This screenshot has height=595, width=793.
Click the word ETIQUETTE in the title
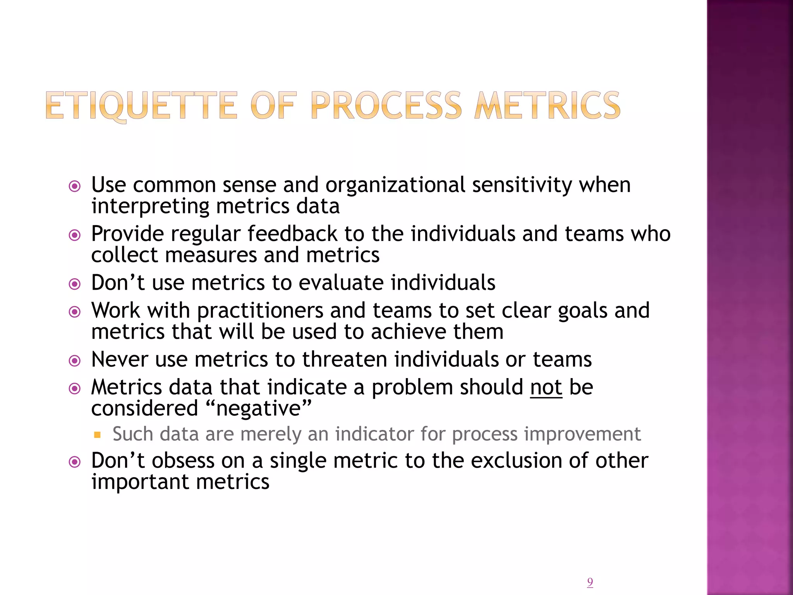pos(142,105)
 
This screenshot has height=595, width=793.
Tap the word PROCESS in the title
pos(386,105)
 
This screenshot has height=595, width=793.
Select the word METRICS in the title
pos(547,105)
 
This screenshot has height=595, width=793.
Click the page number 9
pos(590,582)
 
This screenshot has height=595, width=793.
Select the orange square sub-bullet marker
pos(97,435)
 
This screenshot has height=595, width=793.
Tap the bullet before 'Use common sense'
pos(74,186)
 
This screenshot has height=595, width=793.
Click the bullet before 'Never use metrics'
pos(74,361)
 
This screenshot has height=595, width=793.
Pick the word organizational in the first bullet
pos(395,185)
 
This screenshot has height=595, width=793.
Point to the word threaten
pos(345,359)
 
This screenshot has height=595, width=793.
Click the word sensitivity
pos(522,185)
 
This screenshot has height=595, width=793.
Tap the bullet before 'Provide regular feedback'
pos(74,235)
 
